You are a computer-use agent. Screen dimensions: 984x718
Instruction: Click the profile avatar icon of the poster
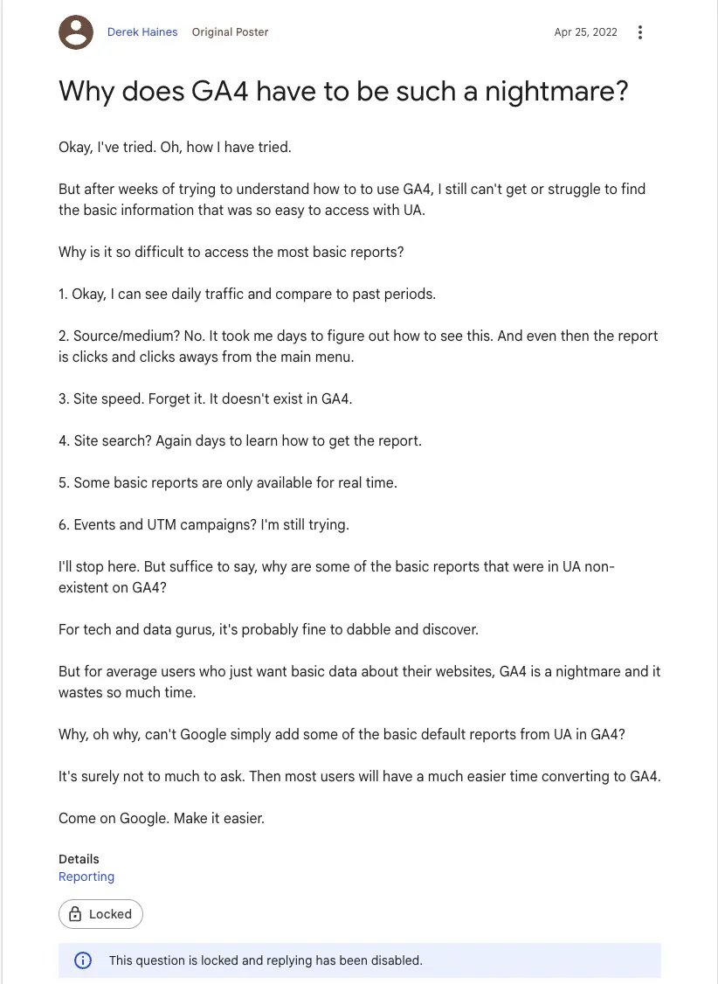[76, 32]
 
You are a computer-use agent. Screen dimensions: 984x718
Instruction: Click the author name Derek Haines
[142, 32]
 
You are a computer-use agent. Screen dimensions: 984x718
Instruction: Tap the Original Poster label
[231, 32]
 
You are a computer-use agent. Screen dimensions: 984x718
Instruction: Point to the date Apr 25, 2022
[585, 32]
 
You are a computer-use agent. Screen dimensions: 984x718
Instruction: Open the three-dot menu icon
[640, 32]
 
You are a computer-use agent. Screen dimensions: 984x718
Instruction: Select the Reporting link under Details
[86, 877]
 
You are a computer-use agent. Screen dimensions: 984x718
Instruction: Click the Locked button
[100, 914]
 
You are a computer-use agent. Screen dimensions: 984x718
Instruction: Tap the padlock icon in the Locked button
[76, 914]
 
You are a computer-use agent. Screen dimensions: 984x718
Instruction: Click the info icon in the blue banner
[83, 960]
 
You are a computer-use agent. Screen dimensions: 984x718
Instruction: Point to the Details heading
[79, 859]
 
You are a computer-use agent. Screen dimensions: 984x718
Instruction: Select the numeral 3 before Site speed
[63, 398]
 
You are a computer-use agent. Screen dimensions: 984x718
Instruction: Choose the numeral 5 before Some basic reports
[63, 482]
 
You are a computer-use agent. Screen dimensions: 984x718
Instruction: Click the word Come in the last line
[77, 818]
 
